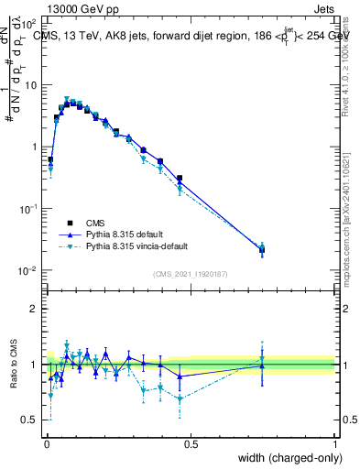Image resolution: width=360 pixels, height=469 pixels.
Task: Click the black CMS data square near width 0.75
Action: (262, 249)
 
